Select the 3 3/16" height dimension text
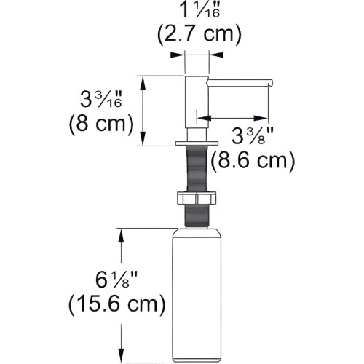click(101, 99)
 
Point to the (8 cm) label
click(101, 124)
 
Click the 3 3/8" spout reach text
click(253, 136)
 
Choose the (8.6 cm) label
click(253, 160)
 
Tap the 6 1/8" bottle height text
click(116, 280)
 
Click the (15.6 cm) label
click(117, 304)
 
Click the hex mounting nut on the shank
click(197, 198)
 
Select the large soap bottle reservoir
click(197, 295)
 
